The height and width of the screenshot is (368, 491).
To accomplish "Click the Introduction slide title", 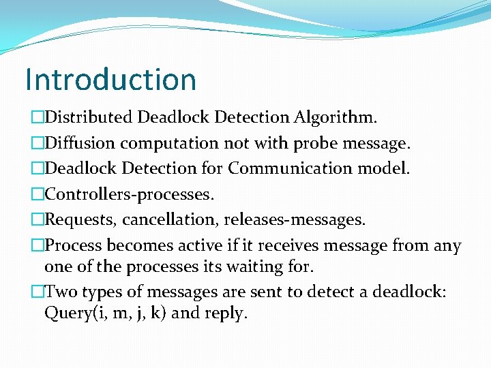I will (x=110, y=79).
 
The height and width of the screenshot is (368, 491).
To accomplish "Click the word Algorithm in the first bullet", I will (x=334, y=117).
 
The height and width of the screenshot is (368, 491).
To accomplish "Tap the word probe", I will (x=316, y=143).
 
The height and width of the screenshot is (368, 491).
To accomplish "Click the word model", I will (x=390, y=168).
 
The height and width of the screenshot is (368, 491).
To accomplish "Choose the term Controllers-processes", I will (x=129, y=194).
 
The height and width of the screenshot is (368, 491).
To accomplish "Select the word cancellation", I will (x=165, y=220).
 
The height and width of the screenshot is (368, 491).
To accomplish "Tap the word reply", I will (x=229, y=314).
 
